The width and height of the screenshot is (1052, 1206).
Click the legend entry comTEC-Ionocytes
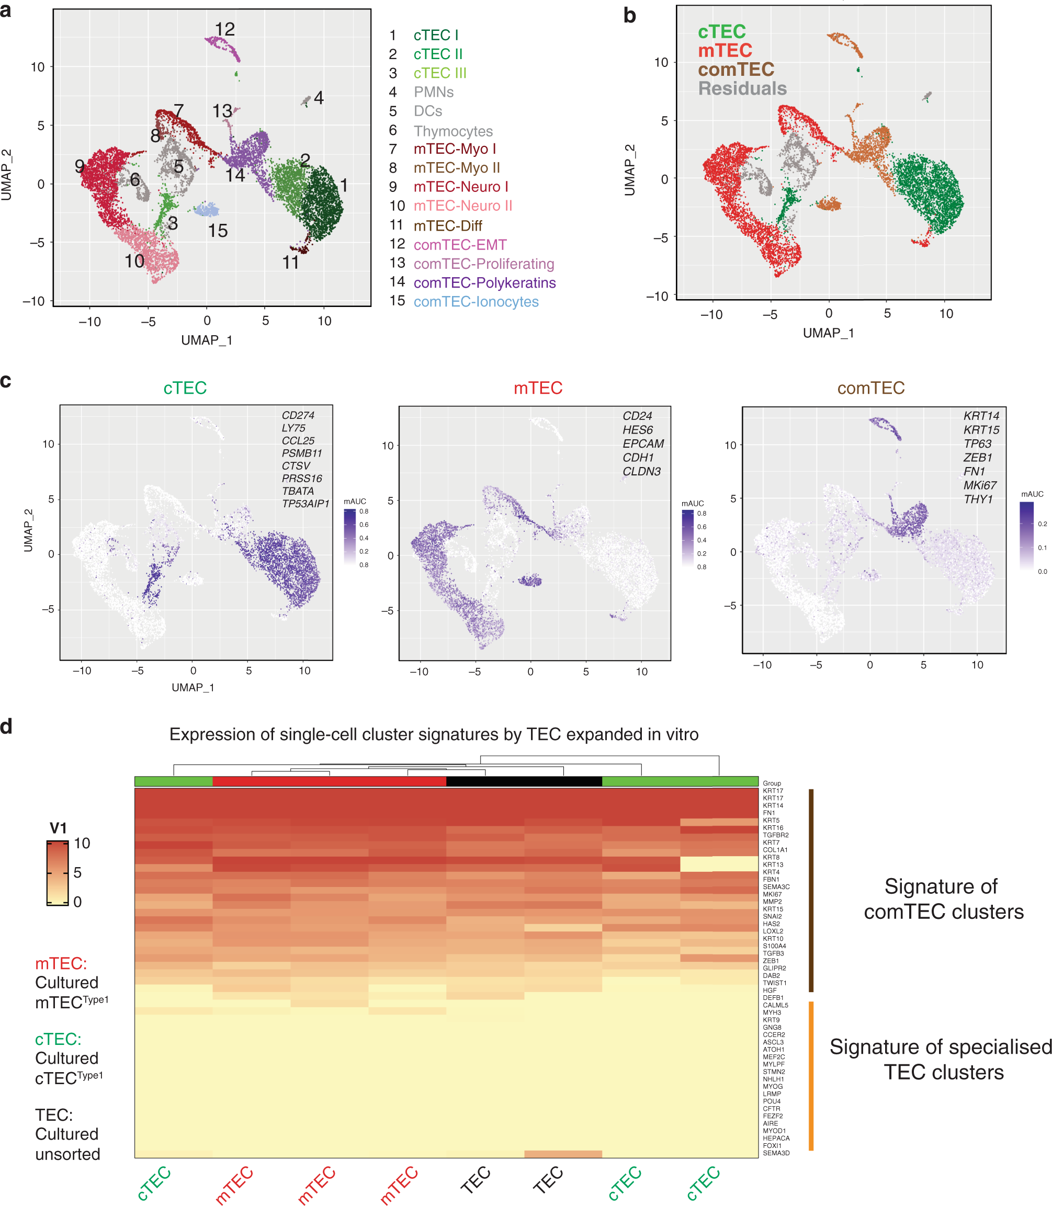point(476,302)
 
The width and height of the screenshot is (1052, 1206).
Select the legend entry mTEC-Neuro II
point(462,206)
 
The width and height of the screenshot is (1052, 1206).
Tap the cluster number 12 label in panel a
point(225,29)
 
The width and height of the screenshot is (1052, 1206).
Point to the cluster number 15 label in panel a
point(218,231)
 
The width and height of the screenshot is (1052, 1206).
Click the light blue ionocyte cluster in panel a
point(207,210)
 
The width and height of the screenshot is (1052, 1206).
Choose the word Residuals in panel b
point(742,88)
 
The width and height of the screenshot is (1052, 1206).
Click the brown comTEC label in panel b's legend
point(736,69)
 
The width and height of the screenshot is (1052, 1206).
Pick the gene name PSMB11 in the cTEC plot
point(302,453)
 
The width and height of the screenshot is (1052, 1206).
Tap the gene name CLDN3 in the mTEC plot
point(642,471)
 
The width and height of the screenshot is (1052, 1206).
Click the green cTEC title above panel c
point(185,388)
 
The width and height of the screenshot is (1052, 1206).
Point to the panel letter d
point(6,727)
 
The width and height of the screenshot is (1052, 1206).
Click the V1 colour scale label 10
point(82,844)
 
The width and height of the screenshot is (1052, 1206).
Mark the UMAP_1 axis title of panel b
point(828,333)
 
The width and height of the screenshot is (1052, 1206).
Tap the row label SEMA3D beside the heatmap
point(776,1153)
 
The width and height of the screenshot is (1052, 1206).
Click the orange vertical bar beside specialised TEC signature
point(811,1075)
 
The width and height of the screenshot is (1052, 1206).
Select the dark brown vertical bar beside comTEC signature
point(811,890)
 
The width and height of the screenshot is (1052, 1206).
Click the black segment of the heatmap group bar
point(524,782)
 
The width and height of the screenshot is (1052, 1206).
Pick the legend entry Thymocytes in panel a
point(453,131)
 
